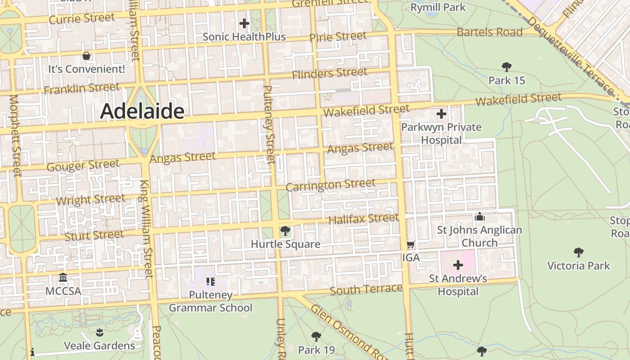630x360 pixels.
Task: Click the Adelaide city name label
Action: pos(142,111)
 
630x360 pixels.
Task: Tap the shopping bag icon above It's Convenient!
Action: pos(86,56)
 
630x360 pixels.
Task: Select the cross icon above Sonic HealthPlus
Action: pos(244,23)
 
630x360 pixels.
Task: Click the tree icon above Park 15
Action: pos(507,67)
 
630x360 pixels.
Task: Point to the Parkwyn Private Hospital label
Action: pos(441,134)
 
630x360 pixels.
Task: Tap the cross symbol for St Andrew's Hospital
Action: pos(458,265)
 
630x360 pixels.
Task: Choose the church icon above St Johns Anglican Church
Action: pos(479,217)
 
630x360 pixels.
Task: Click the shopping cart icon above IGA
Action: pos(410,245)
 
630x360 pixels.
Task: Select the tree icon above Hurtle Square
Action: pos(285,231)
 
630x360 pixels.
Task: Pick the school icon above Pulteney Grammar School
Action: pos(210,282)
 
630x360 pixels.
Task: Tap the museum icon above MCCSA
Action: pos(63,278)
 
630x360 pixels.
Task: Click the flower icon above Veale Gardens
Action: pos(99,333)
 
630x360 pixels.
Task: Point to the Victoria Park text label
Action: pos(578,265)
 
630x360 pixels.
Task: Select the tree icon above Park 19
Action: pos(316,337)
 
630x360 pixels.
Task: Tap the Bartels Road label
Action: pos(490,32)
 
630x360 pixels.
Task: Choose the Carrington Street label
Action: pos(330,185)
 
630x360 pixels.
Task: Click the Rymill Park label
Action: pos(438,8)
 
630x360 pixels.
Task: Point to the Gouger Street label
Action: pos(83,166)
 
